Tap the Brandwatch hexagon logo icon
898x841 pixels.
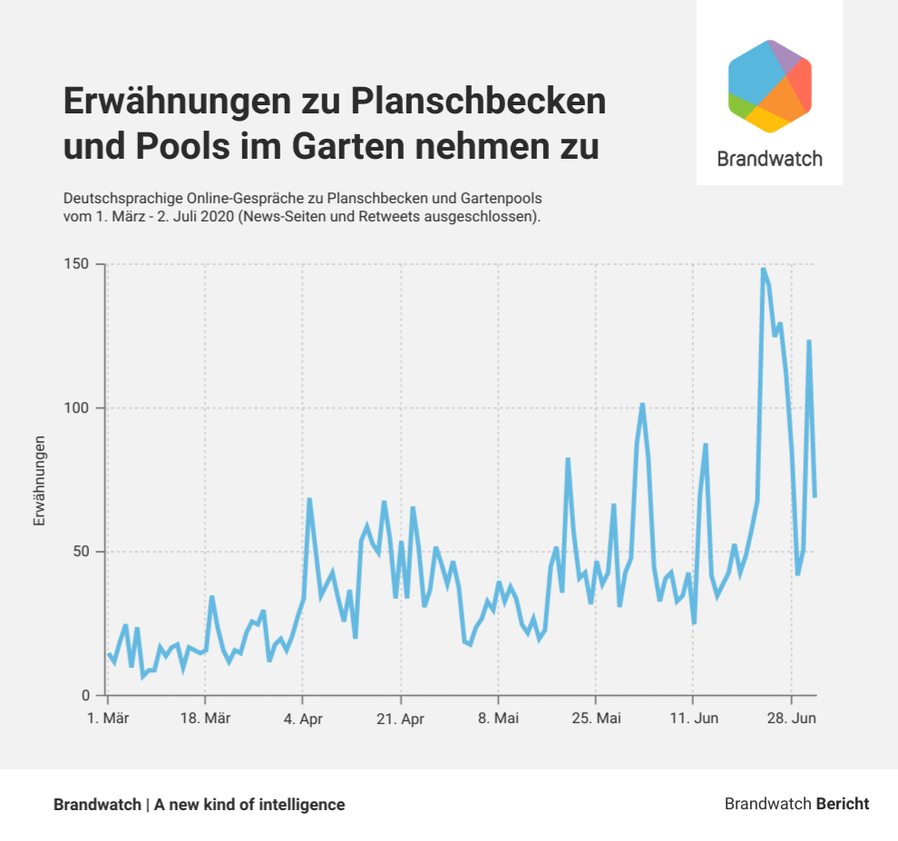[x=769, y=86]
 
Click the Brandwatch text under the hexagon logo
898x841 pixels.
[x=769, y=159]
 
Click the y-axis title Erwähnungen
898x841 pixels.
[x=39, y=481]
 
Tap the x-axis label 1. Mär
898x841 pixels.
[x=109, y=719]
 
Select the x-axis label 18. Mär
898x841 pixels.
[x=205, y=719]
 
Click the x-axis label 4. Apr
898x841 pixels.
[x=303, y=719]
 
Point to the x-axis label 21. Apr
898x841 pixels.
[x=400, y=719]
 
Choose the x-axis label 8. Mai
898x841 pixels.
[x=498, y=719]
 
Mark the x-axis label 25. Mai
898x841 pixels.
[x=595, y=719]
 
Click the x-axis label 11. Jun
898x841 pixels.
[x=693, y=719]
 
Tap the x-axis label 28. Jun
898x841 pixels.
[x=792, y=719]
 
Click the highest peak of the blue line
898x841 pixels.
[x=764, y=269]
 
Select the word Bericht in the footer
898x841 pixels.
[x=843, y=804]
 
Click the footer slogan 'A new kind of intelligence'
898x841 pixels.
[x=249, y=805]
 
